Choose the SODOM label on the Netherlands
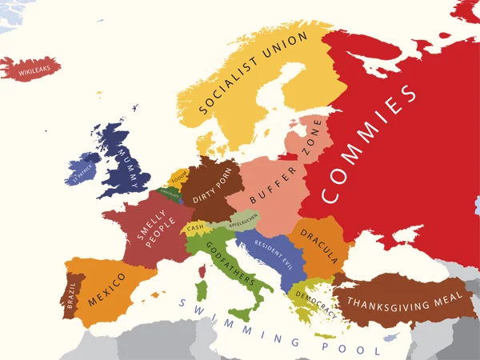coord(178,175)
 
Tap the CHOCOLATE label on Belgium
coord(170,194)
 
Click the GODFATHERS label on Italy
coord(230,262)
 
